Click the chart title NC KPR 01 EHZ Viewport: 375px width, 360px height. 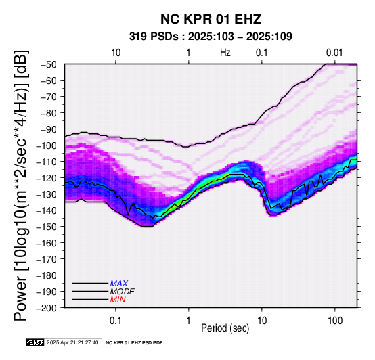tap(211, 19)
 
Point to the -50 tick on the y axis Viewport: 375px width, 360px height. tap(49, 64)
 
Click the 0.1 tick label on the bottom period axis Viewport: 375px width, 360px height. tap(116, 321)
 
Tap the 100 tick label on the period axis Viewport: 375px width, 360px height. tap(335, 321)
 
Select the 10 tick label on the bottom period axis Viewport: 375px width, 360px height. tap(262, 321)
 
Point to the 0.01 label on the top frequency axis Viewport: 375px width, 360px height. tap(334, 53)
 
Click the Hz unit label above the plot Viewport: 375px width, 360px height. tap(225, 53)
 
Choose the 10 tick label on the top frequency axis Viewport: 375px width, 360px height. tap(116, 53)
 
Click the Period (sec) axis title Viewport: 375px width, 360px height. tap(225, 328)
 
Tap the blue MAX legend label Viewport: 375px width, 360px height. tap(119, 284)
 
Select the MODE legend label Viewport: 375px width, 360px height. tap(123, 292)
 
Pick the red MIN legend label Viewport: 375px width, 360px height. tap(118, 300)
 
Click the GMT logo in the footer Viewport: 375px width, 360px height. tap(35, 342)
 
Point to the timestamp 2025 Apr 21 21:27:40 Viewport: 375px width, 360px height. tap(72, 342)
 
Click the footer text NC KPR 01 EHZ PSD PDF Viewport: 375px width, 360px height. tap(134, 343)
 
